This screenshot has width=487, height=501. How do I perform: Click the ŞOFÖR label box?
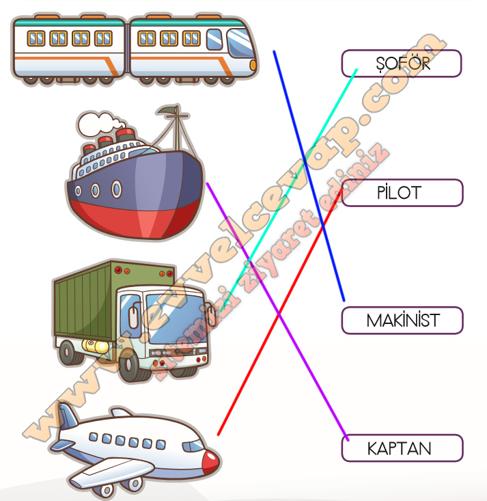(402, 64)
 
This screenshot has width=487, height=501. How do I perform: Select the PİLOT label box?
(402, 193)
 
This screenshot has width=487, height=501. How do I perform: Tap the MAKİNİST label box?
(402, 321)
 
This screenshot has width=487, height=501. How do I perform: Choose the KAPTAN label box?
(402, 448)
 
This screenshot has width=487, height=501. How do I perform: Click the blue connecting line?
(309, 176)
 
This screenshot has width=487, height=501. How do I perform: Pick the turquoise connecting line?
(288, 190)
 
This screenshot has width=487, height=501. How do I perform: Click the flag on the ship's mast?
(167, 111)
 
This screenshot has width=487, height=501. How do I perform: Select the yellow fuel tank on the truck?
(95, 346)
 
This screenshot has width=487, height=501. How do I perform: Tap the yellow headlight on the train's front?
(253, 65)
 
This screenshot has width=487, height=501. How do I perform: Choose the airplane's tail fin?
(67, 416)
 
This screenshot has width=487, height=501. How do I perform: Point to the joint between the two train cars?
(127, 48)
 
